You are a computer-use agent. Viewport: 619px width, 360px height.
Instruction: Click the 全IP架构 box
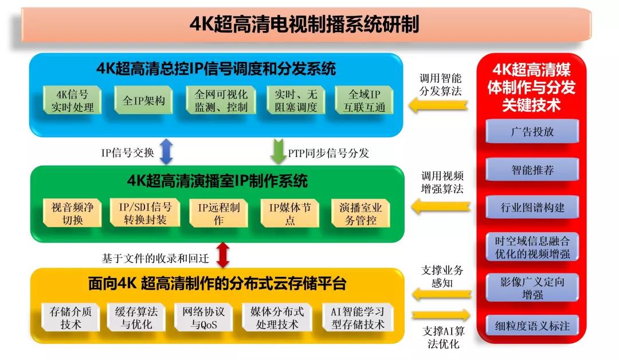tap(143, 100)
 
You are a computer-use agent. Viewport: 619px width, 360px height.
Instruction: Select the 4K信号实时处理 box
tap(72, 100)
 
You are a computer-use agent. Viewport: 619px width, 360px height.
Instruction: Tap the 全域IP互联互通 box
tap(364, 100)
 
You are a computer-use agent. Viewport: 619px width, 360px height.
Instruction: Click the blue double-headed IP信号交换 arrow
tap(166, 151)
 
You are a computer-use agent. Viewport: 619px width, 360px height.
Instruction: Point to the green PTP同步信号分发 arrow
tap(279, 151)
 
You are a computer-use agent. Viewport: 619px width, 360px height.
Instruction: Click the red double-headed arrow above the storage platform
tap(223, 255)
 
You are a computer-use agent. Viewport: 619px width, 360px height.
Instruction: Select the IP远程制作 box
tap(218, 213)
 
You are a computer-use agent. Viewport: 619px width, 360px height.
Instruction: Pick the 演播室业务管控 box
tap(361, 213)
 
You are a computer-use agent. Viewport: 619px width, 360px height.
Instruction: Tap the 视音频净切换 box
tap(72, 213)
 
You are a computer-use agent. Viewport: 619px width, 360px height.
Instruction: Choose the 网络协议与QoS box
tap(203, 318)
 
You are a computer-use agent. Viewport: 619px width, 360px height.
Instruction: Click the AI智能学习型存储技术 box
tap(358, 318)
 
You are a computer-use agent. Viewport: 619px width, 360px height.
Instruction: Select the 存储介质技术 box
tap(70, 318)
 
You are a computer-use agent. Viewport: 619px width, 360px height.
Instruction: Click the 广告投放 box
tap(532, 131)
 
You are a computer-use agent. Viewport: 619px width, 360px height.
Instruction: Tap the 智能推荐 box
tap(532, 169)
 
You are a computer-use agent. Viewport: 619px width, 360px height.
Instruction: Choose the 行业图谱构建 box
tap(532, 207)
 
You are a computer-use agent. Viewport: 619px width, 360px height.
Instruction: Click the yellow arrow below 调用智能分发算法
tap(438, 105)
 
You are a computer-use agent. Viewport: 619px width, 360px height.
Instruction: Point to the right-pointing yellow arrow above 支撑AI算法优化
tap(441, 315)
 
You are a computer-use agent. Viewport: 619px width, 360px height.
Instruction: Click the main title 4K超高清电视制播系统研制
tap(304, 24)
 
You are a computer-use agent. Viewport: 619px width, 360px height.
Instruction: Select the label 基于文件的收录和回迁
tap(155, 259)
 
